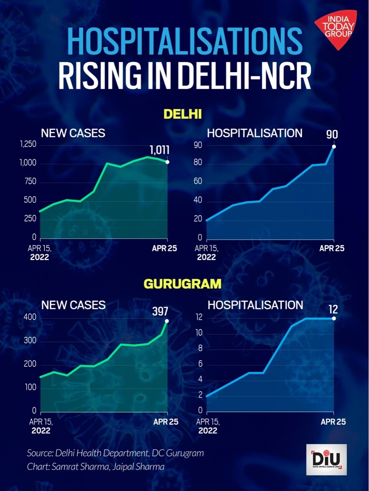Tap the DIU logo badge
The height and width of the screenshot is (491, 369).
326,460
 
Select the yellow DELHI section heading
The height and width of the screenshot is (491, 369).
183,114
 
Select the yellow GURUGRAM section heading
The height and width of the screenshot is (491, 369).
182,284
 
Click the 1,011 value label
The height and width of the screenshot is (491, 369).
159,150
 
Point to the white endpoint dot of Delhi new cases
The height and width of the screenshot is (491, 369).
167,162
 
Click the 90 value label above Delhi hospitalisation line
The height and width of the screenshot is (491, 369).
332,135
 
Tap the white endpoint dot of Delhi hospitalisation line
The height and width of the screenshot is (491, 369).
334,147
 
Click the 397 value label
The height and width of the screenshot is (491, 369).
160,311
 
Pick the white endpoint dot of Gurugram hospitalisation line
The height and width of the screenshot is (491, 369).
334,318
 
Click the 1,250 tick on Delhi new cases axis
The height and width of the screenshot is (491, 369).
28,144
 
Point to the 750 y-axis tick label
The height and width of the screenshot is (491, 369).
30,181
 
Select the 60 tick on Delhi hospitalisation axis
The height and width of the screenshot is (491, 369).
198,181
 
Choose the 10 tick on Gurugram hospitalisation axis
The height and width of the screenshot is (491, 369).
199,333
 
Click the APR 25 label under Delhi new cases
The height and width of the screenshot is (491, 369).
164,248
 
